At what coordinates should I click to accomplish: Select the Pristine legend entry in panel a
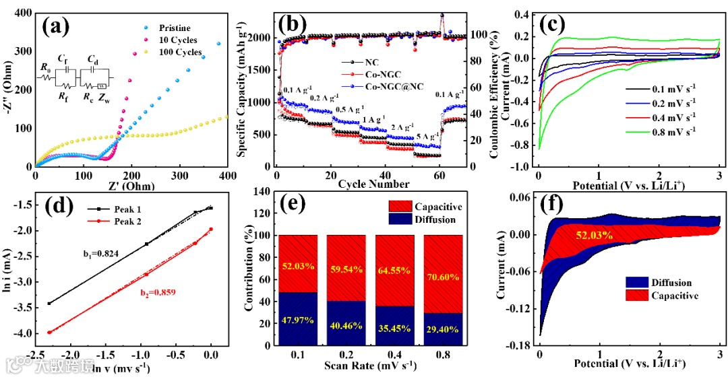[175, 28]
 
